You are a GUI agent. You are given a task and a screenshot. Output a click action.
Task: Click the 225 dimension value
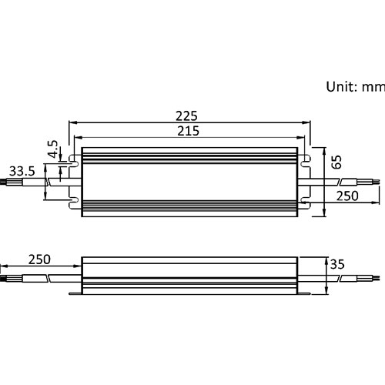click(x=186, y=116)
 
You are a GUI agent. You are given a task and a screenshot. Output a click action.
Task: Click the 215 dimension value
click(x=189, y=131)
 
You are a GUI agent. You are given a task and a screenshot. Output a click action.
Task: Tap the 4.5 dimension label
click(x=53, y=149)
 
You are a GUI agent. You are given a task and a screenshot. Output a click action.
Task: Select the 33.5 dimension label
click(x=22, y=171)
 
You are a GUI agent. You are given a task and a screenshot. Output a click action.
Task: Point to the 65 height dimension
click(x=336, y=162)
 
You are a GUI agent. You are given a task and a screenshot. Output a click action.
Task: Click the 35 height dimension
click(x=337, y=264)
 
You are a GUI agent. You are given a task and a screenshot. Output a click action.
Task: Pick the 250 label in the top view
click(x=347, y=196)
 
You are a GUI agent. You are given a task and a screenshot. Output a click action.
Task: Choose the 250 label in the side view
click(x=39, y=259)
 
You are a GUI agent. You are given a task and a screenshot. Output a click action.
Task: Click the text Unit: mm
click(x=356, y=87)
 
